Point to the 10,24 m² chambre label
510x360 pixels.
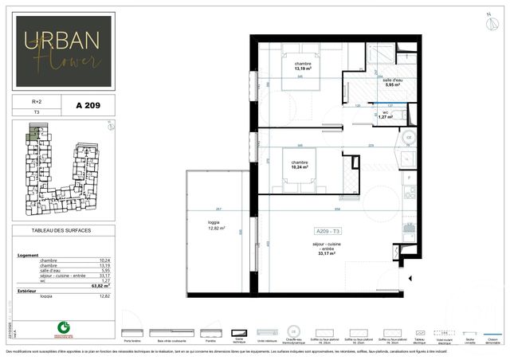pos(300,165)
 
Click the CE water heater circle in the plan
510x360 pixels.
pos(409,137)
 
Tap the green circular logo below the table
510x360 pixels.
pos(63,326)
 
